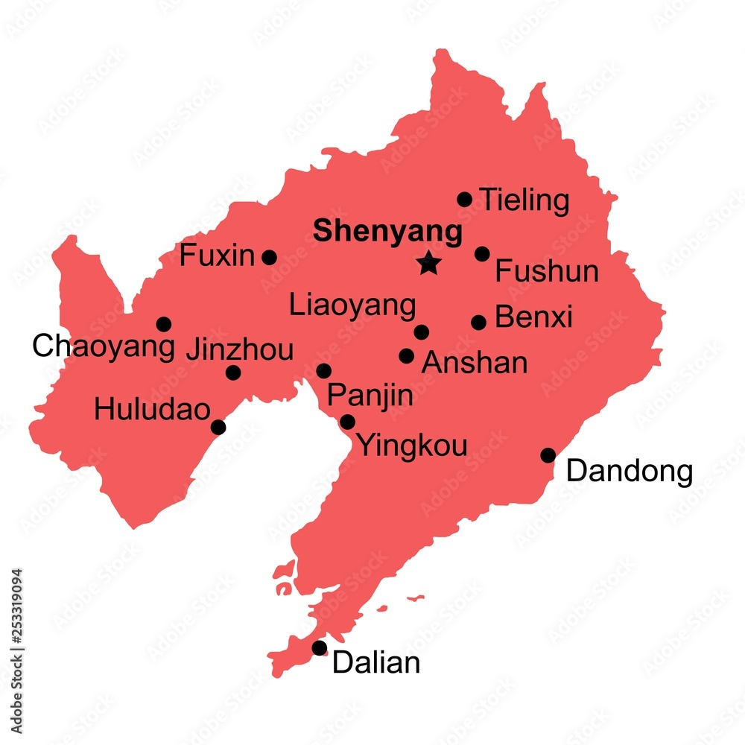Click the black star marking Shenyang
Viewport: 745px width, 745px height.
click(x=428, y=262)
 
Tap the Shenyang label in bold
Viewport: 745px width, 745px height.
click(x=387, y=231)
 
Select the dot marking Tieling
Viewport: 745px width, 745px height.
click(x=464, y=199)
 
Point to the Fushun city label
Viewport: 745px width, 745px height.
click(x=547, y=271)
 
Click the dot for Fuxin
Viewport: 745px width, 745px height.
click(x=269, y=258)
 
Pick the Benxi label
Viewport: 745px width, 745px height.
click(x=533, y=317)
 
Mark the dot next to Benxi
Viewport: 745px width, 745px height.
click(x=478, y=322)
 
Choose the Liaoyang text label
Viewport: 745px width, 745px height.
click(x=352, y=305)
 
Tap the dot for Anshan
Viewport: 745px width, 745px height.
click(x=406, y=356)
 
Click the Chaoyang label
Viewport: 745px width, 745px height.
click(x=104, y=346)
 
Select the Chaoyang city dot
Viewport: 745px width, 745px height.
click(x=163, y=324)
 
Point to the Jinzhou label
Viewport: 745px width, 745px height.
click(x=239, y=350)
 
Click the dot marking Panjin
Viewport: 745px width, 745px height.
click(x=323, y=371)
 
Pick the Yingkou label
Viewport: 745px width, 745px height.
click(x=413, y=446)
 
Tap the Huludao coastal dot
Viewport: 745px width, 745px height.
click(x=218, y=427)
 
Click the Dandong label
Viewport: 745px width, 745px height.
click(x=630, y=471)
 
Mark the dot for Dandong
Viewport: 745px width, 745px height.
click(x=548, y=455)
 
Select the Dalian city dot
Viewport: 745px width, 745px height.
click(x=319, y=648)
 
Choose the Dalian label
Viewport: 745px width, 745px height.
click(x=376, y=663)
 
